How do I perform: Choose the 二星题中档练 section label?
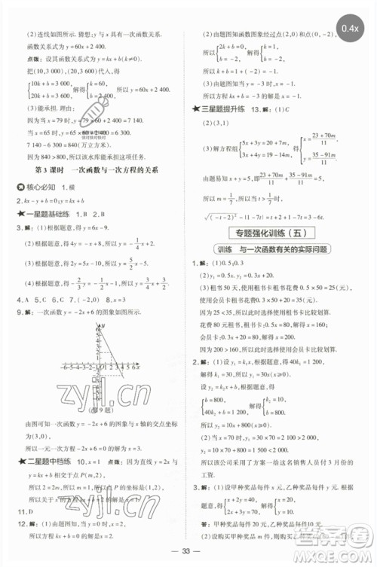[42, 447]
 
